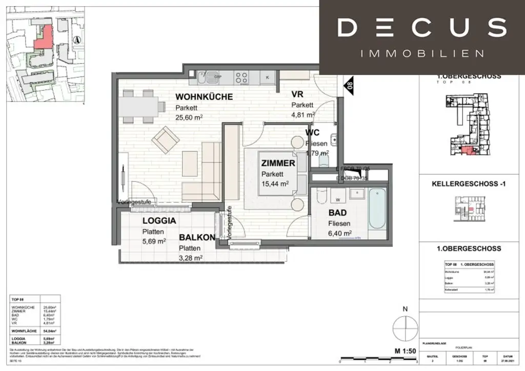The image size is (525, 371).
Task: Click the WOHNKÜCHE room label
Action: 204,97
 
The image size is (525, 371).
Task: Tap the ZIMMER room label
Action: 278,163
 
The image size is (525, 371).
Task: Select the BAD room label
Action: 337,213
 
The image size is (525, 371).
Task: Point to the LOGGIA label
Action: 159,221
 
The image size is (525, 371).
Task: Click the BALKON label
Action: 197,238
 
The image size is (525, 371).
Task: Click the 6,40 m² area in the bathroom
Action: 340,233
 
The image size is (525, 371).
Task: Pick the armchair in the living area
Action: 165,140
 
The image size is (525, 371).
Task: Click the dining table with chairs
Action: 139,107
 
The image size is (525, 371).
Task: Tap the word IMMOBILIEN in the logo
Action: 421,53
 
